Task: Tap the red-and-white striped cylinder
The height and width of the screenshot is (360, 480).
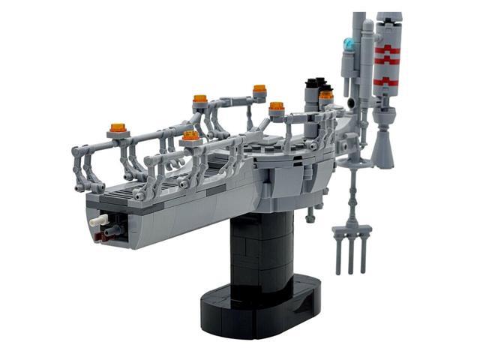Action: [x=387, y=56]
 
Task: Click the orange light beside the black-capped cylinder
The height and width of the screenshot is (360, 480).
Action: [x=325, y=95]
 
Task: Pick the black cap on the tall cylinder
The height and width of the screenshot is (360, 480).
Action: [x=312, y=83]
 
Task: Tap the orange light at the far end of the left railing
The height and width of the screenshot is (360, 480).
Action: [x=259, y=89]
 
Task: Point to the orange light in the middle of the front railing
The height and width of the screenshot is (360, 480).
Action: [x=191, y=136]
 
